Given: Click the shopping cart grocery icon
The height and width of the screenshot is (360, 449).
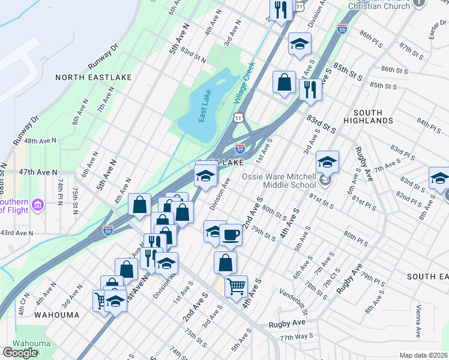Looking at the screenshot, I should tap(236, 286).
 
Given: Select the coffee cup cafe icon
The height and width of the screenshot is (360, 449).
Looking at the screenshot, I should tap(231, 235).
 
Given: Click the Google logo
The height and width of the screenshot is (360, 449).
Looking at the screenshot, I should tap(20, 353).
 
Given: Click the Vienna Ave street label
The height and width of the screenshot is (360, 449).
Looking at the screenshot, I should tap(417, 322).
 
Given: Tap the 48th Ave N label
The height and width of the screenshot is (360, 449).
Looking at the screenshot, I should tap(40, 140).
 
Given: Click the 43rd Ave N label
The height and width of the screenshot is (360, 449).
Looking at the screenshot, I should tap(17, 232).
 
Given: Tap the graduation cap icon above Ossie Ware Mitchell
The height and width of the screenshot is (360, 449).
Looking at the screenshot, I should tap(327, 161).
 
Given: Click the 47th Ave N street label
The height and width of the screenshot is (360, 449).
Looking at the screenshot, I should tap(37, 172).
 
